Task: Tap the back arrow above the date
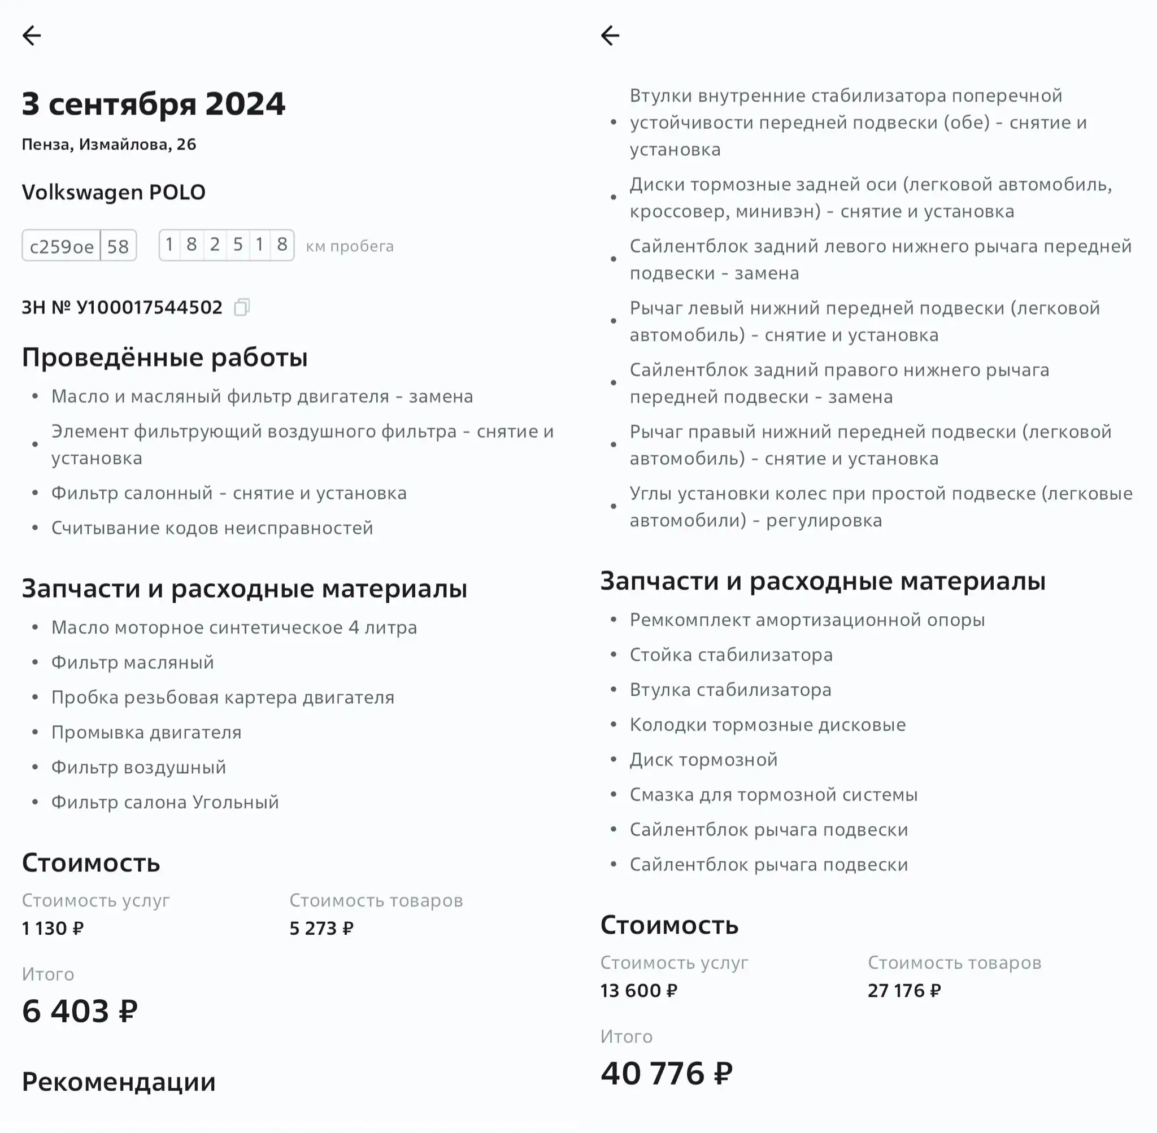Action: pyautogui.click(x=32, y=36)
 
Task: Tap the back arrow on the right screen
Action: pyautogui.click(x=610, y=36)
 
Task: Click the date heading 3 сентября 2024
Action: pyautogui.click(x=154, y=104)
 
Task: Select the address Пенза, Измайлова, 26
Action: pyautogui.click(x=109, y=145)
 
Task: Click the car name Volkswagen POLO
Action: pyautogui.click(x=114, y=192)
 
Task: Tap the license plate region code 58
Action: pyautogui.click(x=118, y=246)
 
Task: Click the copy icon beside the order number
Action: pyautogui.click(x=242, y=307)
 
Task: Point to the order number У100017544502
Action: pyautogui.click(x=149, y=307)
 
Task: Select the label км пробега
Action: pyautogui.click(x=350, y=246)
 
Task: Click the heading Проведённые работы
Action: pyautogui.click(x=165, y=357)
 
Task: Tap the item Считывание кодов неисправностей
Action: pyautogui.click(x=212, y=528)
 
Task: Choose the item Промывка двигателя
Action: pyautogui.click(x=146, y=732)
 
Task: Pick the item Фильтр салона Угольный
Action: pyautogui.click(x=165, y=802)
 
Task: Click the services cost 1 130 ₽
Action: pyautogui.click(x=53, y=929)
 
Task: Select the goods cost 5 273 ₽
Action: pyautogui.click(x=321, y=929)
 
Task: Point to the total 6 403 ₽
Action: pyautogui.click(x=80, y=1011)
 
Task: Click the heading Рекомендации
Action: pyautogui.click(x=119, y=1082)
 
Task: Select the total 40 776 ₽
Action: pyautogui.click(x=667, y=1073)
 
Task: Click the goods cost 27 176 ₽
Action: pyautogui.click(x=904, y=990)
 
